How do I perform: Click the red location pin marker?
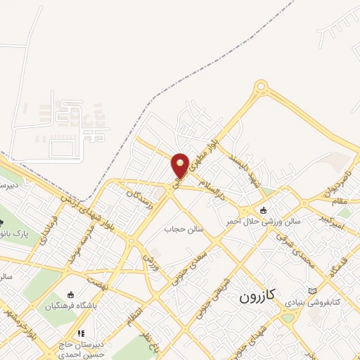(x=181, y=165)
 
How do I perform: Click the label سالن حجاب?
(x=184, y=229)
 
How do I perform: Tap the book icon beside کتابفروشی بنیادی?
(x=313, y=291)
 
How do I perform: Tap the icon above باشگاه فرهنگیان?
(x=70, y=295)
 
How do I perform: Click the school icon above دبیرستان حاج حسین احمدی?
(x=81, y=333)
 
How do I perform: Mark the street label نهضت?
(x=96, y=281)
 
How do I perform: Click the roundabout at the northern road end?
(x=262, y=88)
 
